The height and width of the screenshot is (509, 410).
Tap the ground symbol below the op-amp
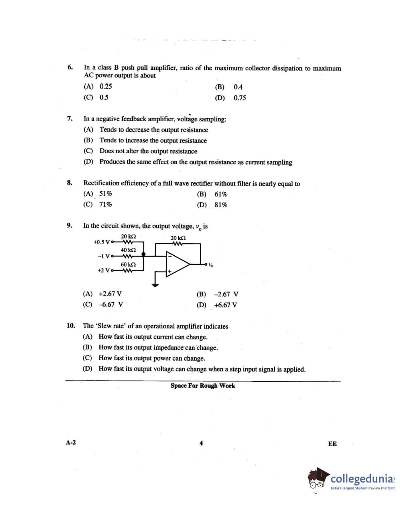point(155,285)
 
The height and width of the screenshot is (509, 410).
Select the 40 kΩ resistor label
point(128,250)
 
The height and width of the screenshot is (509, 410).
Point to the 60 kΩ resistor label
point(128,264)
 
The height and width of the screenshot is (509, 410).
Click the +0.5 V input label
point(101,242)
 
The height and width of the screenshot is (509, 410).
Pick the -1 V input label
point(104,256)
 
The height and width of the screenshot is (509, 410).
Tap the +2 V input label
point(103,270)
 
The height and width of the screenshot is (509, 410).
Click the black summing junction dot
point(144,254)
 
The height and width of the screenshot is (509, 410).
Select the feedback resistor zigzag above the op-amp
point(177,244)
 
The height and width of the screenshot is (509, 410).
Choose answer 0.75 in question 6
point(240,98)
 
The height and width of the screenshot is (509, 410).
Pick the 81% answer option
point(221,205)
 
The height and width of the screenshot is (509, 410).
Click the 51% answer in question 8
point(106,194)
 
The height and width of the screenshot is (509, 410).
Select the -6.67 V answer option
point(110,304)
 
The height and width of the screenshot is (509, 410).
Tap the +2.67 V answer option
point(110,294)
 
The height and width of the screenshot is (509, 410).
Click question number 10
point(71,326)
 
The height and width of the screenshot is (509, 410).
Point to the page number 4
point(201,443)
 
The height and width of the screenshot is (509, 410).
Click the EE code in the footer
point(332,444)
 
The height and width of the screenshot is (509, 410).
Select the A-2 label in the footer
point(71,442)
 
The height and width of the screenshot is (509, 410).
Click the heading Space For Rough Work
point(203,386)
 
